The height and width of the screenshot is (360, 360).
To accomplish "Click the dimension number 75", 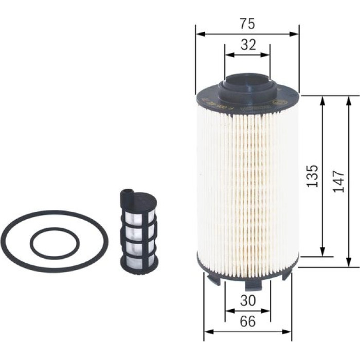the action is click(247, 24).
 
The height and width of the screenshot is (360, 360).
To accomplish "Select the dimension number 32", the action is click(248, 45).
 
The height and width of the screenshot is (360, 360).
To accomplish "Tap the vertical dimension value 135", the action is click(313, 176).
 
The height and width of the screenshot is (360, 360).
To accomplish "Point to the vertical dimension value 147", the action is click(338, 181).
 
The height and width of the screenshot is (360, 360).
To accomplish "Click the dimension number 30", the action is click(248, 300).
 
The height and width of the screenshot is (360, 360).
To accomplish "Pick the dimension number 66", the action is click(247, 321).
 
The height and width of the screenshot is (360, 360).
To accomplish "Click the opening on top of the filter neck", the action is click(247, 80).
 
